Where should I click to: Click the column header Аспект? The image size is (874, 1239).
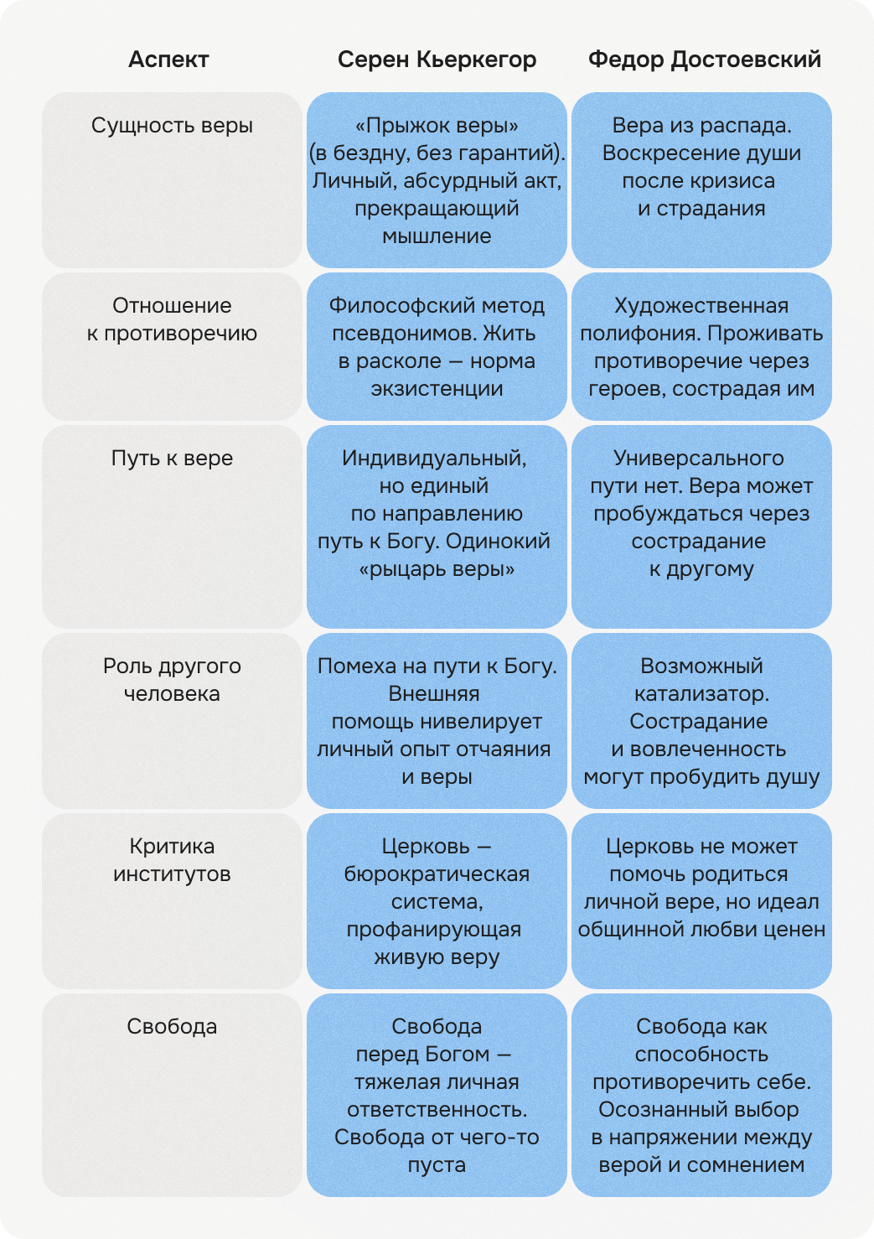168,60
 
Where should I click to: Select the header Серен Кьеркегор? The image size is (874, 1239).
437,60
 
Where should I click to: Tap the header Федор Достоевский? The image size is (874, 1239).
704,60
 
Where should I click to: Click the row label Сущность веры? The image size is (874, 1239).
172,126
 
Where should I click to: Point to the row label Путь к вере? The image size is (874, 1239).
172,459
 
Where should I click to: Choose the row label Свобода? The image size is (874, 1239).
172,1027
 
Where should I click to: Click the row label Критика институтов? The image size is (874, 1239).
172,860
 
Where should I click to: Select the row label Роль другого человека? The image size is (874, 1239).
172,680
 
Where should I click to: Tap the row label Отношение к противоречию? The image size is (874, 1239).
172,319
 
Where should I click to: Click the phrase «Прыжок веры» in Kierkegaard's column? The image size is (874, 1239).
437,126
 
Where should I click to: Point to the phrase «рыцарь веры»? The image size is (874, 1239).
437,569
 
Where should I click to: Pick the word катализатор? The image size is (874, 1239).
701,694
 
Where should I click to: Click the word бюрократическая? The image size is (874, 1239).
437,874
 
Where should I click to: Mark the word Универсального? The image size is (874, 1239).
699,459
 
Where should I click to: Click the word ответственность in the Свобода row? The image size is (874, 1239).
437,1110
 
